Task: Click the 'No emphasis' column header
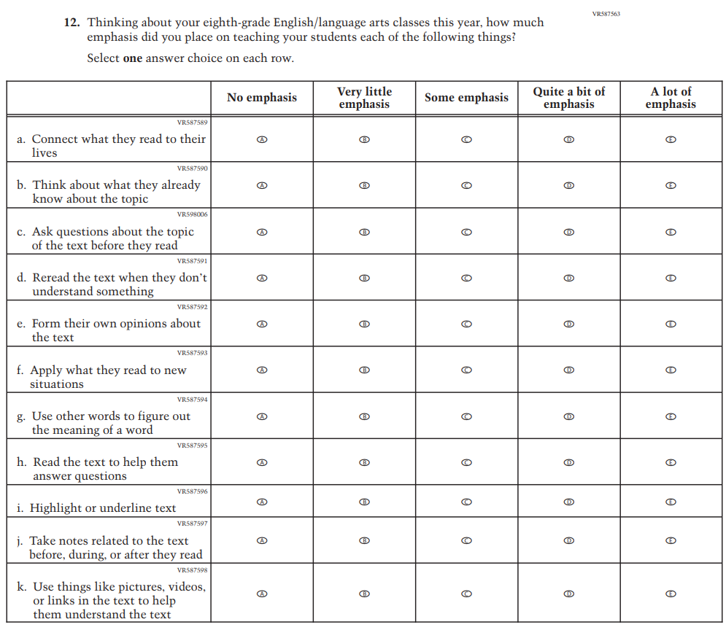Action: pyautogui.click(x=262, y=98)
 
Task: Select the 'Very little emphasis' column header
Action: pyautogui.click(x=364, y=98)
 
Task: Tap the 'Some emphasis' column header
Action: pyautogui.click(x=466, y=98)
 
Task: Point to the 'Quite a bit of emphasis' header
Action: pyautogui.click(x=568, y=98)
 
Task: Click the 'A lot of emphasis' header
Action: pyautogui.click(x=671, y=98)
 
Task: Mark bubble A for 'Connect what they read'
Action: pyautogui.click(x=262, y=139)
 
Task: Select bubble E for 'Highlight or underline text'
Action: pyautogui.click(x=671, y=502)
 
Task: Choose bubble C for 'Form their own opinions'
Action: pyautogui.click(x=466, y=324)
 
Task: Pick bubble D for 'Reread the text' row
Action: pyautogui.click(x=568, y=278)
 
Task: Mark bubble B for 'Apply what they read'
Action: pyautogui.click(x=364, y=370)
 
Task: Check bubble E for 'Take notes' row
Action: pyautogui.click(x=671, y=540)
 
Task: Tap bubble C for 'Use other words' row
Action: pyautogui.click(x=466, y=416)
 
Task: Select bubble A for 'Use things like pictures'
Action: pyautogui.click(x=262, y=594)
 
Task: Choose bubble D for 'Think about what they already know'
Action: pyautogui.click(x=568, y=185)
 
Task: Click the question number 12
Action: pyautogui.click(x=71, y=23)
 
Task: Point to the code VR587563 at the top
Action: pyautogui.click(x=606, y=14)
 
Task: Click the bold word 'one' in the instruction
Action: pyautogui.click(x=132, y=58)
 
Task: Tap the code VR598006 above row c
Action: pyautogui.click(x=193, y=214)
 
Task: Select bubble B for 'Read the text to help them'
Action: pyautogui.click(x=364, y=462)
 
